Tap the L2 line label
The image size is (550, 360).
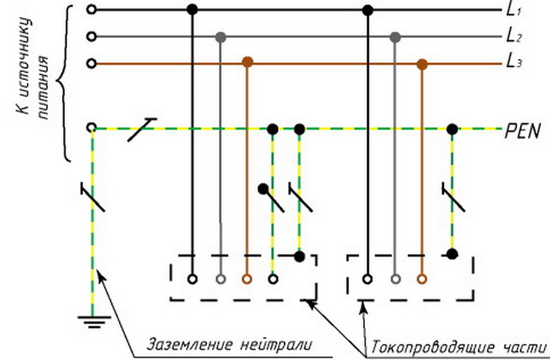pos(514,36)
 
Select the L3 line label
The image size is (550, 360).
pos(514,63)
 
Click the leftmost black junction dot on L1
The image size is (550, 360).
pos(192,10)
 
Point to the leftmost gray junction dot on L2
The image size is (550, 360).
pos(220,36)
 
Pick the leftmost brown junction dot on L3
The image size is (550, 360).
pos(247,62)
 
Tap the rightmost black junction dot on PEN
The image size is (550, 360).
pos(452,129)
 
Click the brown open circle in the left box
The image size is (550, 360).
pos(247,280)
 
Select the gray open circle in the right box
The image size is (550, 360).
pos(395,280)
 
